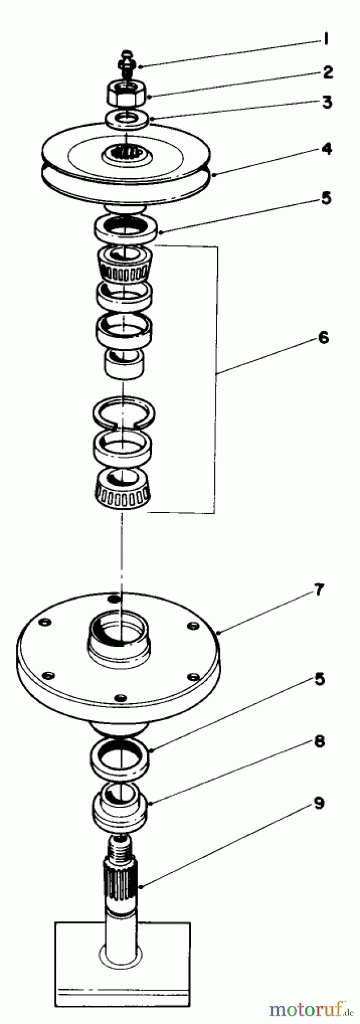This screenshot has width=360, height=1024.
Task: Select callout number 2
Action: (x=328, y=72)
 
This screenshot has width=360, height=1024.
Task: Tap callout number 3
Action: (x=327, y=103)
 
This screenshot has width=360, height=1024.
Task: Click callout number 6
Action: (x=322, y=337)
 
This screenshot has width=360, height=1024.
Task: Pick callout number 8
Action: (x=320, y=741)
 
